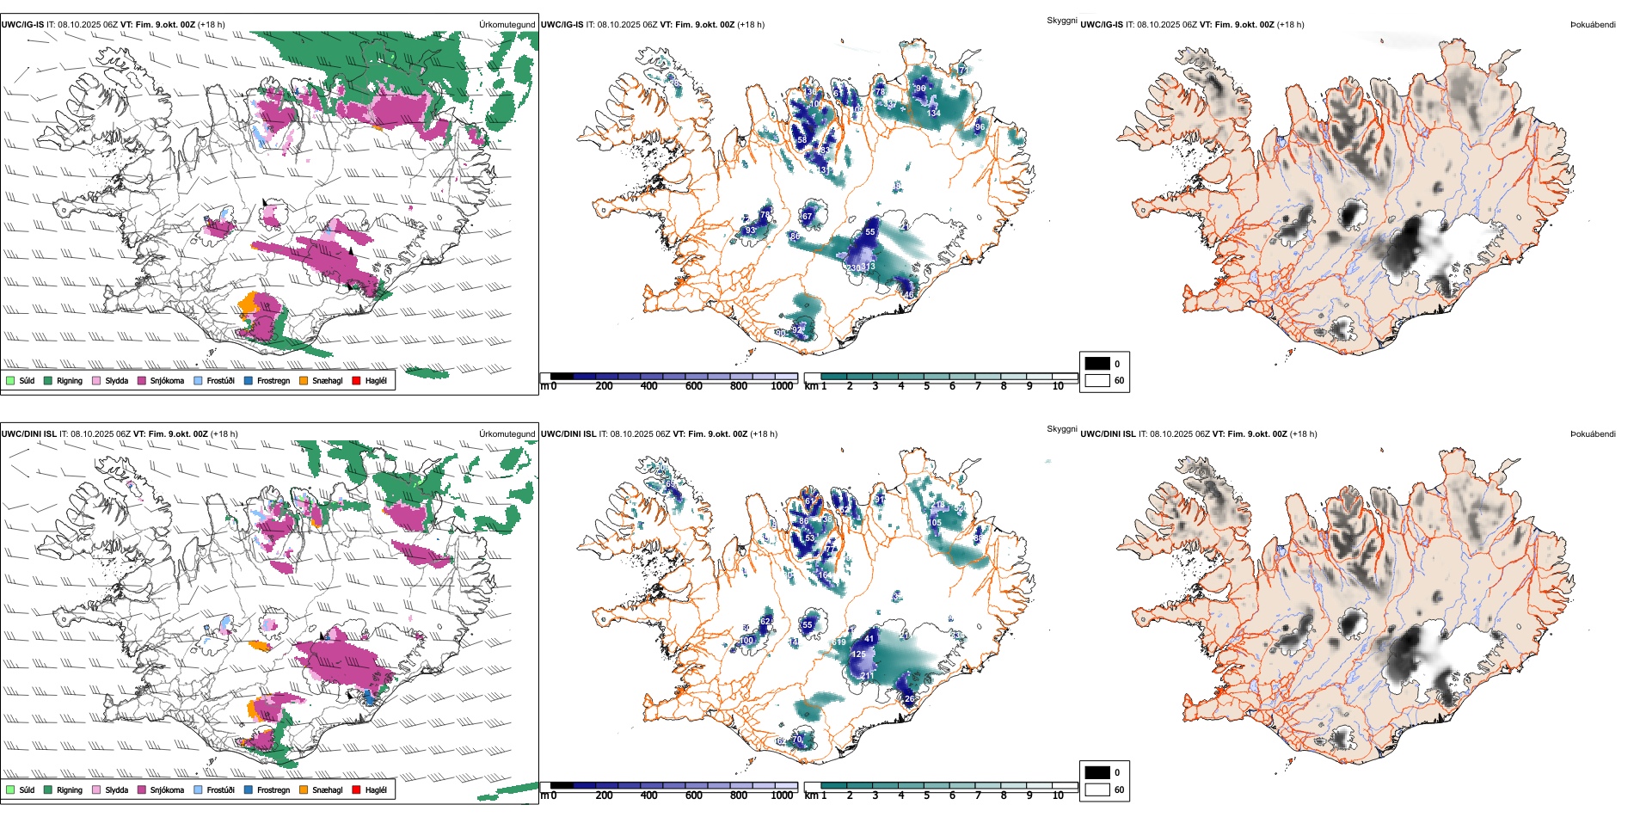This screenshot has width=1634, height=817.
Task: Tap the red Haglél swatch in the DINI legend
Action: pos(357,789)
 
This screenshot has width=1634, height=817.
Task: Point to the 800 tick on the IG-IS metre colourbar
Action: pos(739,386)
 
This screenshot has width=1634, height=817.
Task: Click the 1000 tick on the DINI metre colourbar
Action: pos(782,795)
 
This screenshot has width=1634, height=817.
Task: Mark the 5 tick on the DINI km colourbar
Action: pos(927,795)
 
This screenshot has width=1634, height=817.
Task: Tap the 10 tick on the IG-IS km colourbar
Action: pos(1058,386)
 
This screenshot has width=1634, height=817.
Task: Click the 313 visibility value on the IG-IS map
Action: pos(869,267)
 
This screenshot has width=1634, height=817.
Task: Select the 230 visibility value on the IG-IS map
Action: pos(853,268)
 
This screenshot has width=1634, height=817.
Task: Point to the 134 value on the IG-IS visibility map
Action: pos(934,113)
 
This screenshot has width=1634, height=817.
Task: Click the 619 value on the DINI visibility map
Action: pos(839,642)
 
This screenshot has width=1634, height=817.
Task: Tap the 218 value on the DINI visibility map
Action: pos(867,676)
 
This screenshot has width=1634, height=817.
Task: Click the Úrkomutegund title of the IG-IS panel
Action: pos(507,25)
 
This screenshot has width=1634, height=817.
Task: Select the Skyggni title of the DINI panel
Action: pos(1062,428)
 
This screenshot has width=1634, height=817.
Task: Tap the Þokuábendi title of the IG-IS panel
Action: pos(1593,25)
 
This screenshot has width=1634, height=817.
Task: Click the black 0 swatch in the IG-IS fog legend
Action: pos(1097,363)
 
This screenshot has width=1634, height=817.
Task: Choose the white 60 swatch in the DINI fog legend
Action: pos(1097,789)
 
